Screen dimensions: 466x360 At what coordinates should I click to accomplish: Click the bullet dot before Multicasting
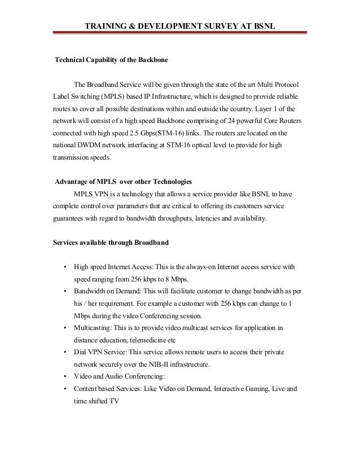click(x=66, y=328)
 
